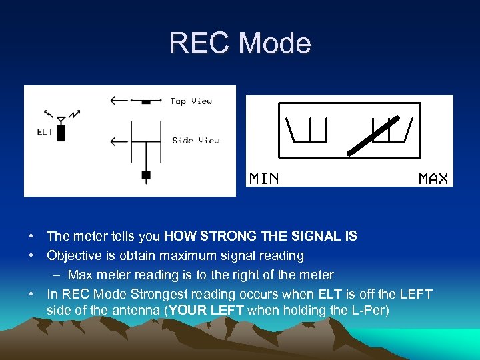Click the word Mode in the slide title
(x=275, y=43)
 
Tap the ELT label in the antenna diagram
(x=45, y=132)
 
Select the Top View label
(x=191, y=101)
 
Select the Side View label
(x=195, y=141)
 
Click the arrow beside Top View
(x=120, y=101)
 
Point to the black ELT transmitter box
(x=61, y=133)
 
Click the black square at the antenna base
(x=146, y=175)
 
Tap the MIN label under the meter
(x=264, y=178)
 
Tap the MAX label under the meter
(x=433, y=178)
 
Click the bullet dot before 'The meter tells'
(x=31, y=236)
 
